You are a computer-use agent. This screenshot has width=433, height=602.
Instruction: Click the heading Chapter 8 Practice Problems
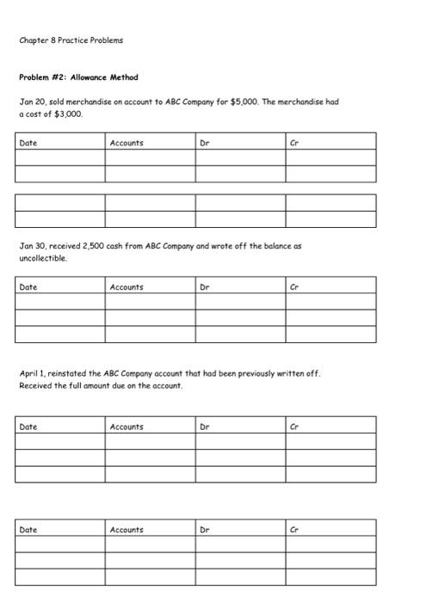pos(71,40)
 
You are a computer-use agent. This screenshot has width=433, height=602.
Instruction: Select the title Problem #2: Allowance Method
pos(78,77)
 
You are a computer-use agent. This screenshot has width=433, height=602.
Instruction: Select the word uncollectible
pos(42,257)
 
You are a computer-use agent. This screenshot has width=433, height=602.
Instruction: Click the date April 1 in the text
pos(34,374)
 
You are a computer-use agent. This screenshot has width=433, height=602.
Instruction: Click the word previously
pos(274,374)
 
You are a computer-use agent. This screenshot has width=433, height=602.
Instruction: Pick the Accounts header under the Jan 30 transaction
pos(127,286)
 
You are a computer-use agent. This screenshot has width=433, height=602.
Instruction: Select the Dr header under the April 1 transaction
pos(204,427)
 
